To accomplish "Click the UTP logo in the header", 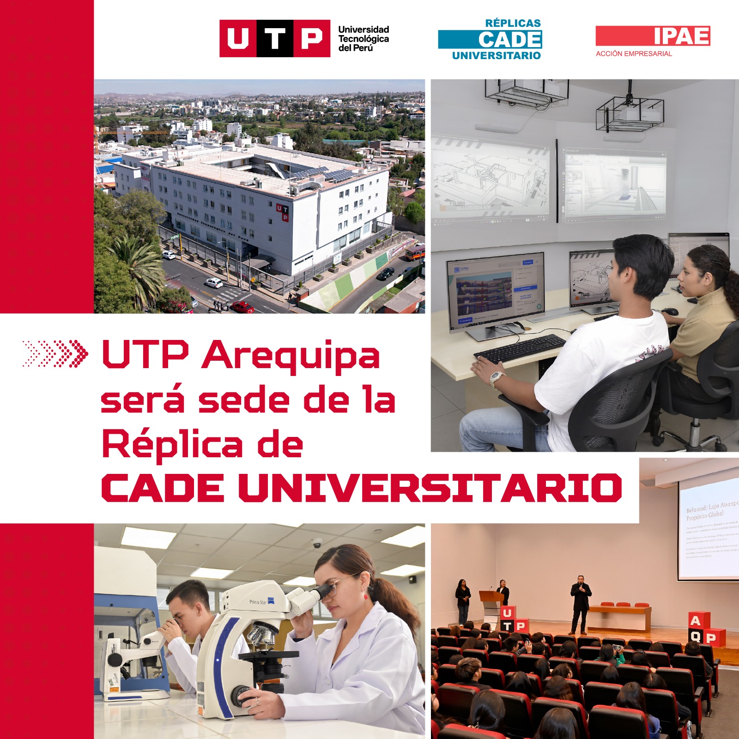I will (x=274, y=38).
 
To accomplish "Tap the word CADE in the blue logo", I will (x=509, y=40).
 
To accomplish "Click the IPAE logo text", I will (x=682, y=36).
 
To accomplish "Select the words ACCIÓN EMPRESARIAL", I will (x=634, y=54).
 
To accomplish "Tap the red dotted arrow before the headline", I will (x=55, y=354).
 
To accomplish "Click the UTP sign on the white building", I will (x=282, y=212).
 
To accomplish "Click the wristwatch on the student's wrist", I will (x=496, y=378).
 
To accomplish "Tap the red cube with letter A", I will (x=696, y=621).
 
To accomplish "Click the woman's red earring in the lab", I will (x=366, y=595).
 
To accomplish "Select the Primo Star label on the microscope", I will (x=258, y=602).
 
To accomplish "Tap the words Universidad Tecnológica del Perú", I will (x=363, y=39).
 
